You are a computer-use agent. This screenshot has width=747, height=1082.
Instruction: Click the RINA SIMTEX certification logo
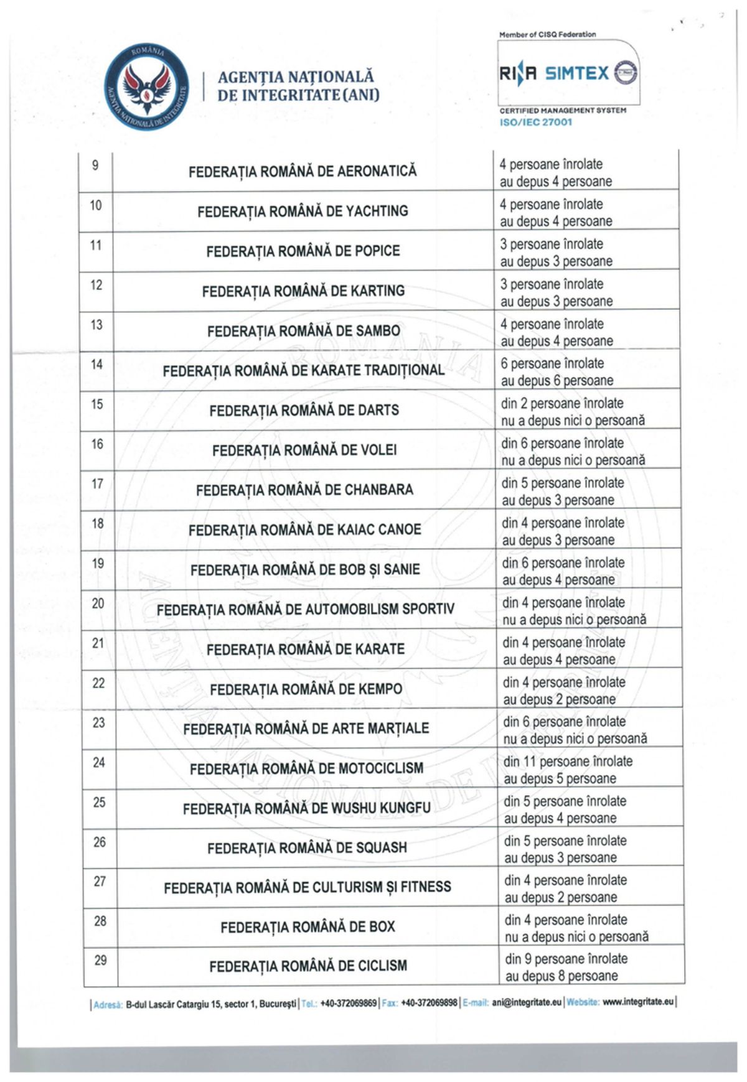click(x=568, y=73)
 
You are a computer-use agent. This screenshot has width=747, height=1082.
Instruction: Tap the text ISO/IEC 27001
click(x=535, y=122)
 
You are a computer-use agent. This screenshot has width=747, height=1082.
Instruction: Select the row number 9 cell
click(x=95, y=166)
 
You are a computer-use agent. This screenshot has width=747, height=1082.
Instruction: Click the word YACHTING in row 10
click(x=377, y=212)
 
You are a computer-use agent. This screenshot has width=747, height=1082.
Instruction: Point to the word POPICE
click(x=377, y=251)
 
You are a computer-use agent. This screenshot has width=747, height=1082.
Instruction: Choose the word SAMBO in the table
click(x=378, y=331)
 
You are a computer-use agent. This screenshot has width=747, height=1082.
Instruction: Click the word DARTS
click(x=378, y=411)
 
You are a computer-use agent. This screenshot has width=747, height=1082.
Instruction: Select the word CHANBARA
click(x=378, y=490)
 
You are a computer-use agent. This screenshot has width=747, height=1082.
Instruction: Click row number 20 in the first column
click(x=98, y=604)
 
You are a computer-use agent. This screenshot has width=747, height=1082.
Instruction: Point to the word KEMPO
click(x=378, y=689)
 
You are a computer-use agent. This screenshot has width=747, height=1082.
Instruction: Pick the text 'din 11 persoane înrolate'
click(x=568, y=762)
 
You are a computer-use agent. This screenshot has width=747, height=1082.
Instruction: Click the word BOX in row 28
click(x=382, y=927)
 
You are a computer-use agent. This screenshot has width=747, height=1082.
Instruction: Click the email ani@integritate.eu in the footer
click(x=527, y=1002)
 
